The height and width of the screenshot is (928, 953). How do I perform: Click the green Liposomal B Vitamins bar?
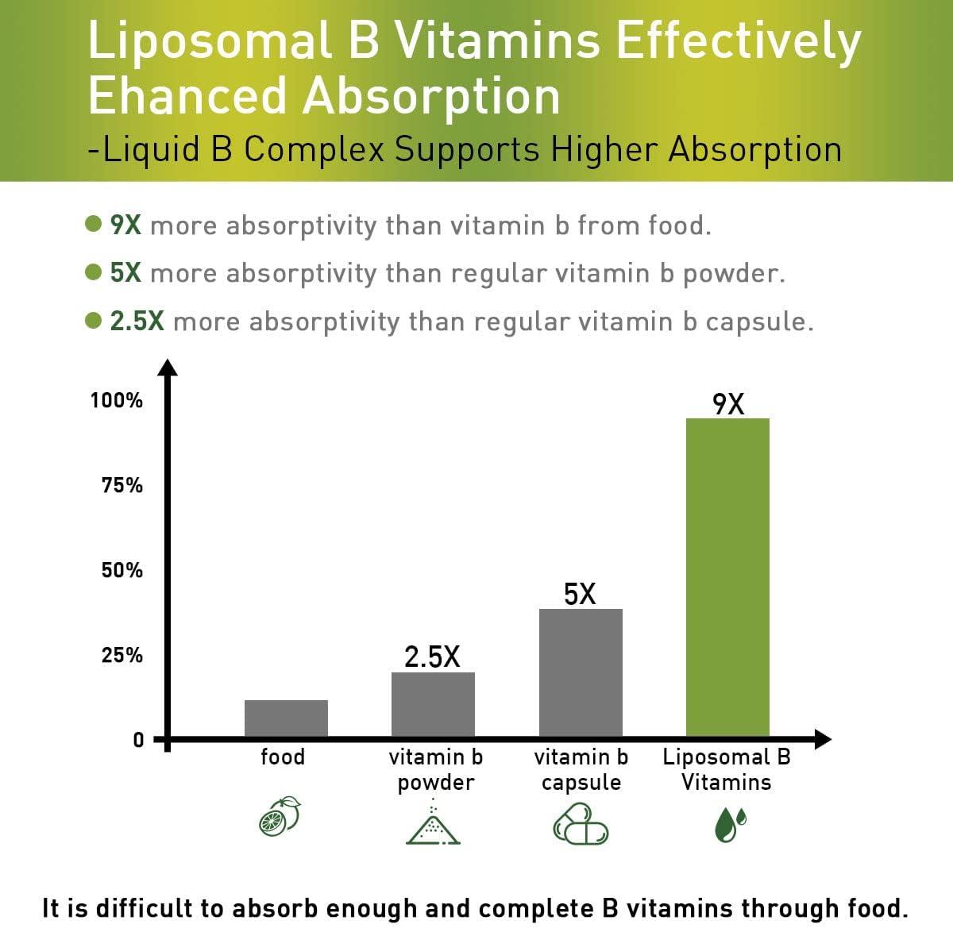point(727,577)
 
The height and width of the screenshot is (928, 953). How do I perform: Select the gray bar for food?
point(286,718)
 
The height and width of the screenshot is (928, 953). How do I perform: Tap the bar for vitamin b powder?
point(433,704)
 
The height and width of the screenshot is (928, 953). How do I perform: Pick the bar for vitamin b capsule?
point(581,672)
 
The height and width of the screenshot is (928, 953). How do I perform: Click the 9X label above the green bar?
point(728,404)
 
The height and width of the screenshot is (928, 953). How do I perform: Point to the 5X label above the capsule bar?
point(580,594)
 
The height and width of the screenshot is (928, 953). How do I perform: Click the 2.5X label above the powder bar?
point(432,657)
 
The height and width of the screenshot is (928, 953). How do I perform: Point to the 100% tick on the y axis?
point(117,400)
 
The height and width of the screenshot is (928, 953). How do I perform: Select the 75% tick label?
point(122,485)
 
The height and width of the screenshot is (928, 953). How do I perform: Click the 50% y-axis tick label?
point(122,570)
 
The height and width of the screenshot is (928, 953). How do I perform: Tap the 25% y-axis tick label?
point(122,655)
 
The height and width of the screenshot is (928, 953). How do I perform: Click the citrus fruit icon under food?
point(280,816)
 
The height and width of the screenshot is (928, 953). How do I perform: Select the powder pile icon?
point(433,822)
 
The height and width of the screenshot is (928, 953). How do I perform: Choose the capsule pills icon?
point(581,823)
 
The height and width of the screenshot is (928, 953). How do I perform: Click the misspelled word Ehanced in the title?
point(187,97)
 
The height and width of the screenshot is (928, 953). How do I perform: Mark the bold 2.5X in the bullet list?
point(137,321)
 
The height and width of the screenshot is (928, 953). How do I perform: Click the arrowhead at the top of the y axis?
point(167,367)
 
